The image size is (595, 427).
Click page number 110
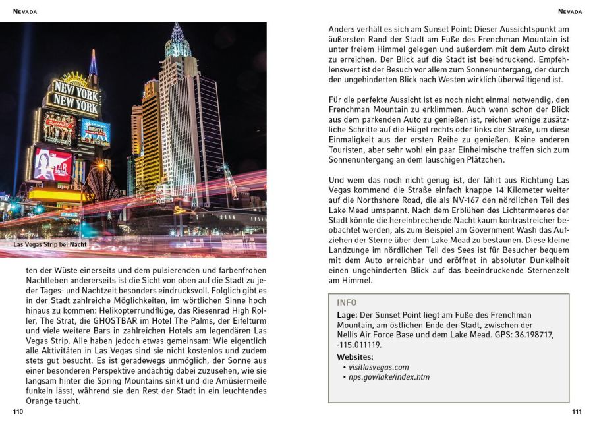(x=18, y=412)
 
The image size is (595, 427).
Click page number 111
(x=577, y=412)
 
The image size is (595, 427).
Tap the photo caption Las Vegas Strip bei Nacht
(x=51, y=245)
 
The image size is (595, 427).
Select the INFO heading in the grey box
(x=347, y=303)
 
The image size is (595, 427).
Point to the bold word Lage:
(x=348, y=315)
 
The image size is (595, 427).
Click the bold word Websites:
(x=354, y=356)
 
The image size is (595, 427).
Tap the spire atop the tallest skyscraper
(x=177, y=33)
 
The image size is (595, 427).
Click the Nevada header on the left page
(x=25, y=12)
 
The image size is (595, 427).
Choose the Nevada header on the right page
(x=570, y=12)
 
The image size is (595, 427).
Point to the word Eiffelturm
(x=242, y=320)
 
